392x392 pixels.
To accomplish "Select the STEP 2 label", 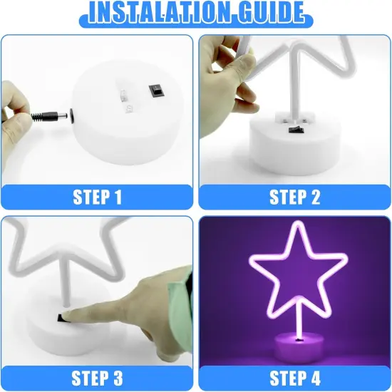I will tap(294, 197).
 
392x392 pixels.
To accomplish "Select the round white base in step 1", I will tap(135, 121).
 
